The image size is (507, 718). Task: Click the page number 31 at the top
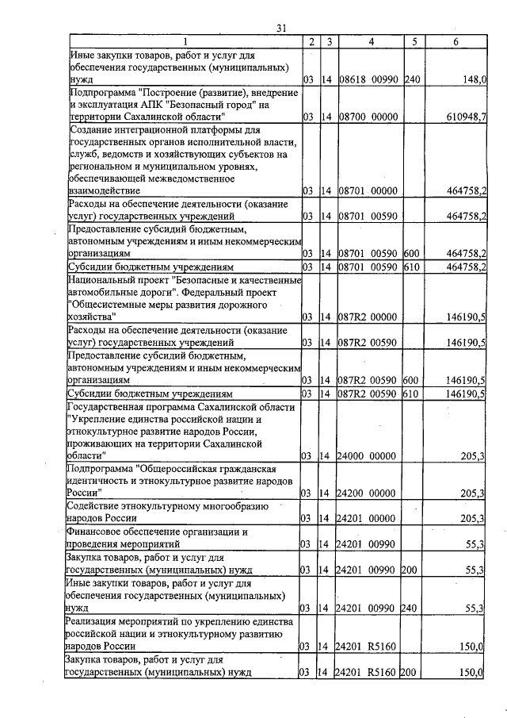coord(280,29)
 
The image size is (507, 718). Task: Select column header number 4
coord(370,41)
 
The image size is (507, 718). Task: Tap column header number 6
coord(456,41)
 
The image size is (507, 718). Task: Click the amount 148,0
coord(474,80)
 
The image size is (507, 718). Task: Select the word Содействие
coord(98,505)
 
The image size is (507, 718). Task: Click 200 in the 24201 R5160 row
coord(410,673)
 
